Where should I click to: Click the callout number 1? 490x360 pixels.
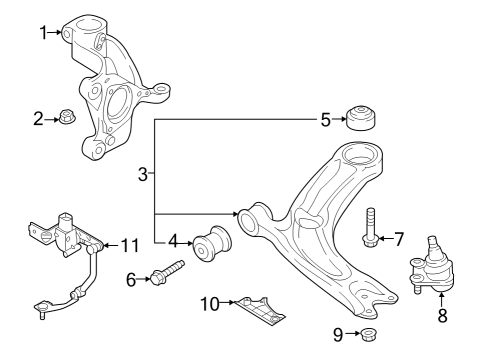pos(43,33)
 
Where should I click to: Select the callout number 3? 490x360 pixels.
pos(143,175)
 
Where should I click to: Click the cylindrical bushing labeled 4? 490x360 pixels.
pos(212,243)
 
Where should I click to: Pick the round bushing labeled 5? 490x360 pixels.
pos(361,118)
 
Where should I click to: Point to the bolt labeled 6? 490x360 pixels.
pos(167,273)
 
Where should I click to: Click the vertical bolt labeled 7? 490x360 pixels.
pos(370,228)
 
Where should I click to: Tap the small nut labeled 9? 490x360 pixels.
pos(369,333)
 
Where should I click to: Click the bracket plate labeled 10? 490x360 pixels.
pos(260,311)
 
